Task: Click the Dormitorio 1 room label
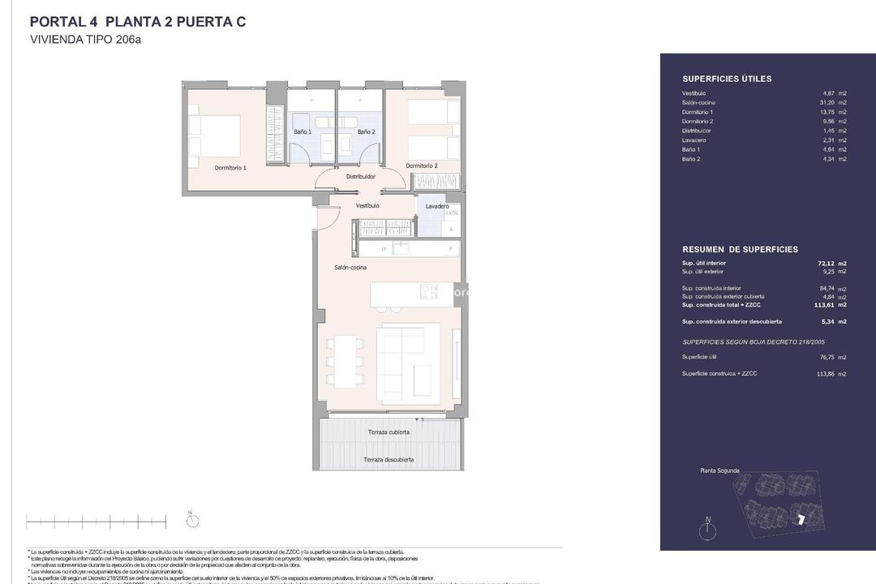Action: pos(230,167)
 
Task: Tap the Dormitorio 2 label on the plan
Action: pos(422,165)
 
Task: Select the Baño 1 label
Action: pos(303,131)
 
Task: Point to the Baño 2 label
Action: pos(367,131)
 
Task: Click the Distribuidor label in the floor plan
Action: pos(361,176)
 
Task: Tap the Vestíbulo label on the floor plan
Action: pos(367,206)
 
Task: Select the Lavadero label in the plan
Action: pos(437,207)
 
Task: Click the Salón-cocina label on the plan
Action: pos(350,268)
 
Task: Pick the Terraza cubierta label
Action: pos(388,432)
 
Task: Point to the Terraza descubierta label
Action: pos(389,460)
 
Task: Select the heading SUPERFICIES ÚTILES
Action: pos(727,79)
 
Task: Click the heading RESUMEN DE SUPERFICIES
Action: pos(740,249)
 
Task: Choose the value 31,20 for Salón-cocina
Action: pos(823,103)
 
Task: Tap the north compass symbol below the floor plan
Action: pos(192,520)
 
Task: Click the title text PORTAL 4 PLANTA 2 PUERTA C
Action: pos(137,22)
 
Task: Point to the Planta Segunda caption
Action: pos(719,470)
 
